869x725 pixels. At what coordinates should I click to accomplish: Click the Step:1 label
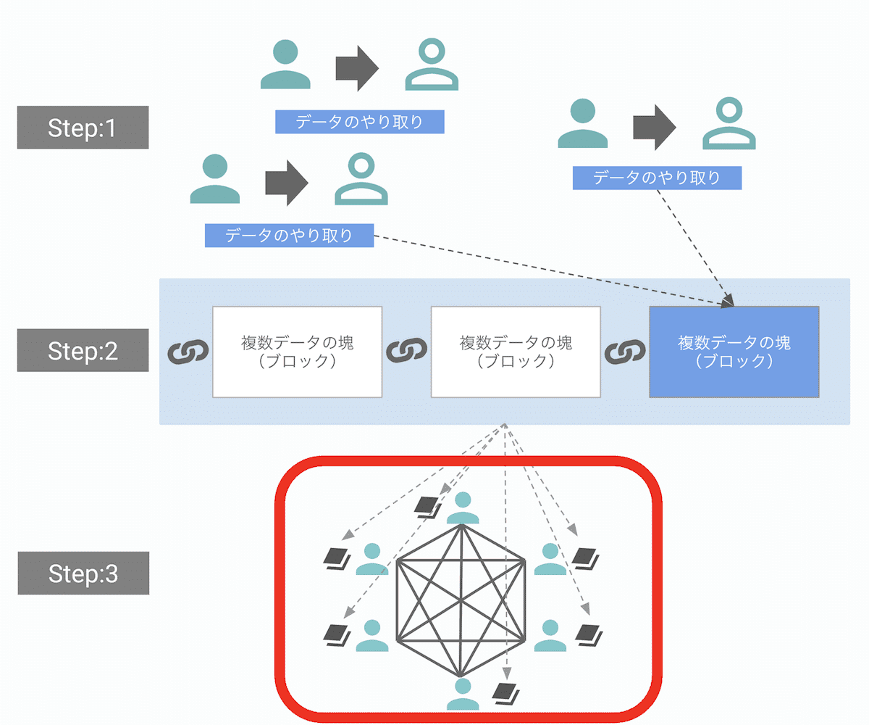83,128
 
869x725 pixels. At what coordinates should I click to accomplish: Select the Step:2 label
83,351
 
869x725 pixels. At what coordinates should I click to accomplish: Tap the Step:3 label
83,573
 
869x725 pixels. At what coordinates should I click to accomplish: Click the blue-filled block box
734,352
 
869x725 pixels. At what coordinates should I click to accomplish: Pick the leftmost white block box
297,352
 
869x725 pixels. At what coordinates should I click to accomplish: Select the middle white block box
516,352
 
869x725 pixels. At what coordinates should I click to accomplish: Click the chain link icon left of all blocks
188,352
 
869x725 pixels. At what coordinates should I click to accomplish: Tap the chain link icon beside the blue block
624,352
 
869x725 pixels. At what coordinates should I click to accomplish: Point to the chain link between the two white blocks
406,352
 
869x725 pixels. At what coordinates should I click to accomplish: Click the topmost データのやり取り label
359,122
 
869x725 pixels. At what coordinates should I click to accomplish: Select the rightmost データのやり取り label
657,178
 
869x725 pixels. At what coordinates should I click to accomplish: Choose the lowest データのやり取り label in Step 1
289,235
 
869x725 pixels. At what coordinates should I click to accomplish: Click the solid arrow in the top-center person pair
357,69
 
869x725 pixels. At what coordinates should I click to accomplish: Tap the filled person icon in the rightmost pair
583,124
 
